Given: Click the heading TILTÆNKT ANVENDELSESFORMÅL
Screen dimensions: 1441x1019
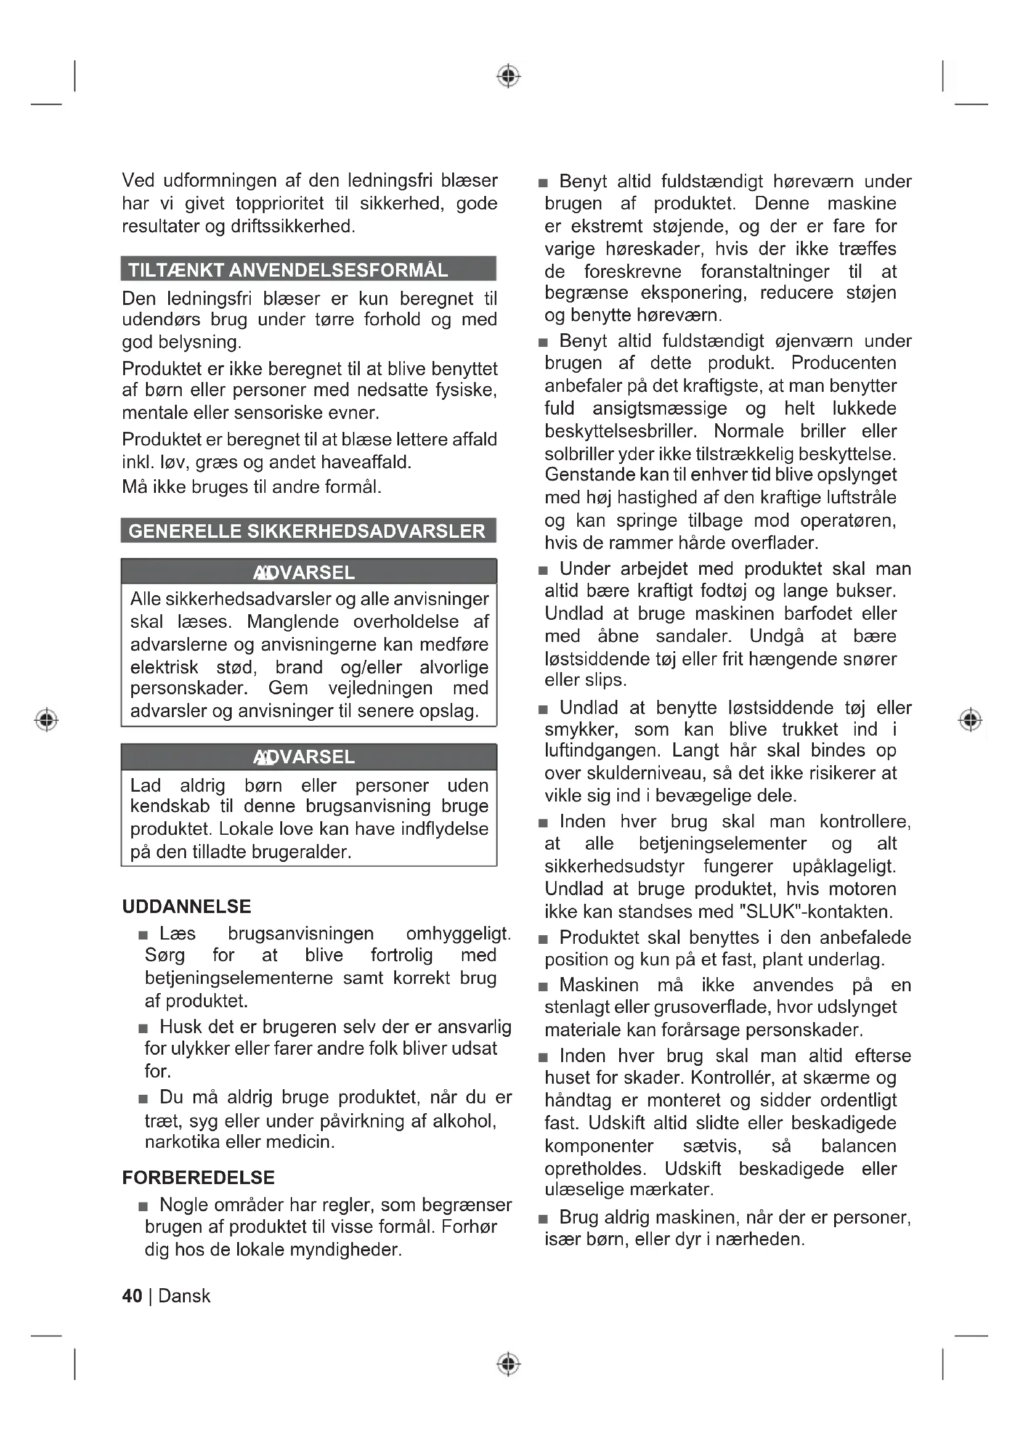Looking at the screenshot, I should pos(288,270).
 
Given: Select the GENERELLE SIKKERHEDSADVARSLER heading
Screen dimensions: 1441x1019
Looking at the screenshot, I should pos(307,531).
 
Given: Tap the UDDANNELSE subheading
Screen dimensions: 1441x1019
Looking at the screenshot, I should pos(186,906).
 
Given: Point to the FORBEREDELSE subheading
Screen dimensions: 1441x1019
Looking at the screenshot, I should pos(198,1177).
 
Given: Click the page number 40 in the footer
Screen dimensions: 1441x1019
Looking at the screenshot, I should pos(132,1296).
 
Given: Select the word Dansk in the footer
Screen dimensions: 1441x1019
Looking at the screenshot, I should pos(184,1296).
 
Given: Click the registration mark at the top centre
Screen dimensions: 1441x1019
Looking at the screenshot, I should pos(508,76).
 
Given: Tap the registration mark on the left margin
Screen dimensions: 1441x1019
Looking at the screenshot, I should pos(46,719).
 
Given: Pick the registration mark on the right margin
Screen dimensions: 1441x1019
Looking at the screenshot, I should pos(970,719).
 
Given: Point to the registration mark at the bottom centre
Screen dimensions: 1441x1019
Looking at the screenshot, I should pos(508,1364).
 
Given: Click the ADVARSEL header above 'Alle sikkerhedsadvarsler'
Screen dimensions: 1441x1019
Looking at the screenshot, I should pos(305,572).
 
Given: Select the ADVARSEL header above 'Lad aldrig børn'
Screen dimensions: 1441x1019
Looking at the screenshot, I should pos(305,757).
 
